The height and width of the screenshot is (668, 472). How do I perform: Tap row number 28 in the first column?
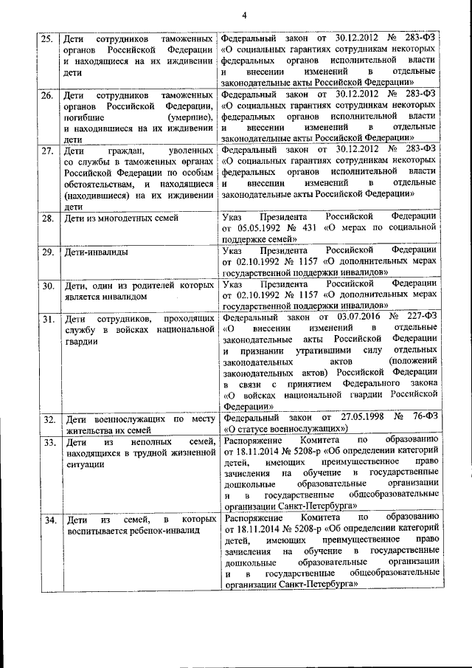tap(46, 218)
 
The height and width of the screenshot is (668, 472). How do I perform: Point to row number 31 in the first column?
tap(46, 318)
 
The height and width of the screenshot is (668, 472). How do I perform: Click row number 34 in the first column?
tap(46, 518)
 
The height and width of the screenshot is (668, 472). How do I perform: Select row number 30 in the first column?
tap(46, 285)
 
